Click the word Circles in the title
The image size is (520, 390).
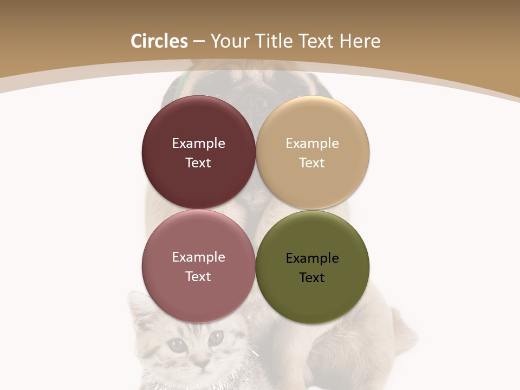pyautogui.click(x=159, y=41)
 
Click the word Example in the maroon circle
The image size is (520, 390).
pyautogui.click(x=198, y=143)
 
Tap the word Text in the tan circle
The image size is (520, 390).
pyautogui.click(x=312, y=163)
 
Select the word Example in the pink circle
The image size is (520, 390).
pyautogui.click(x=198, y=257)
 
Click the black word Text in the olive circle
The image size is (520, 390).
pyautogui.click(x=312, y=278)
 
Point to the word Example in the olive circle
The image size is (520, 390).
pyautogui.click(x=312, y=258)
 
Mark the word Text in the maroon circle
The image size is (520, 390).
pyautogui.click(x=198, y=163)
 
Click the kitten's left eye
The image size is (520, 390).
pyautogui.click(x=177, y=343)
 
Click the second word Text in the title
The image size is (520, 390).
pyautogui.click(x=316, y=41)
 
